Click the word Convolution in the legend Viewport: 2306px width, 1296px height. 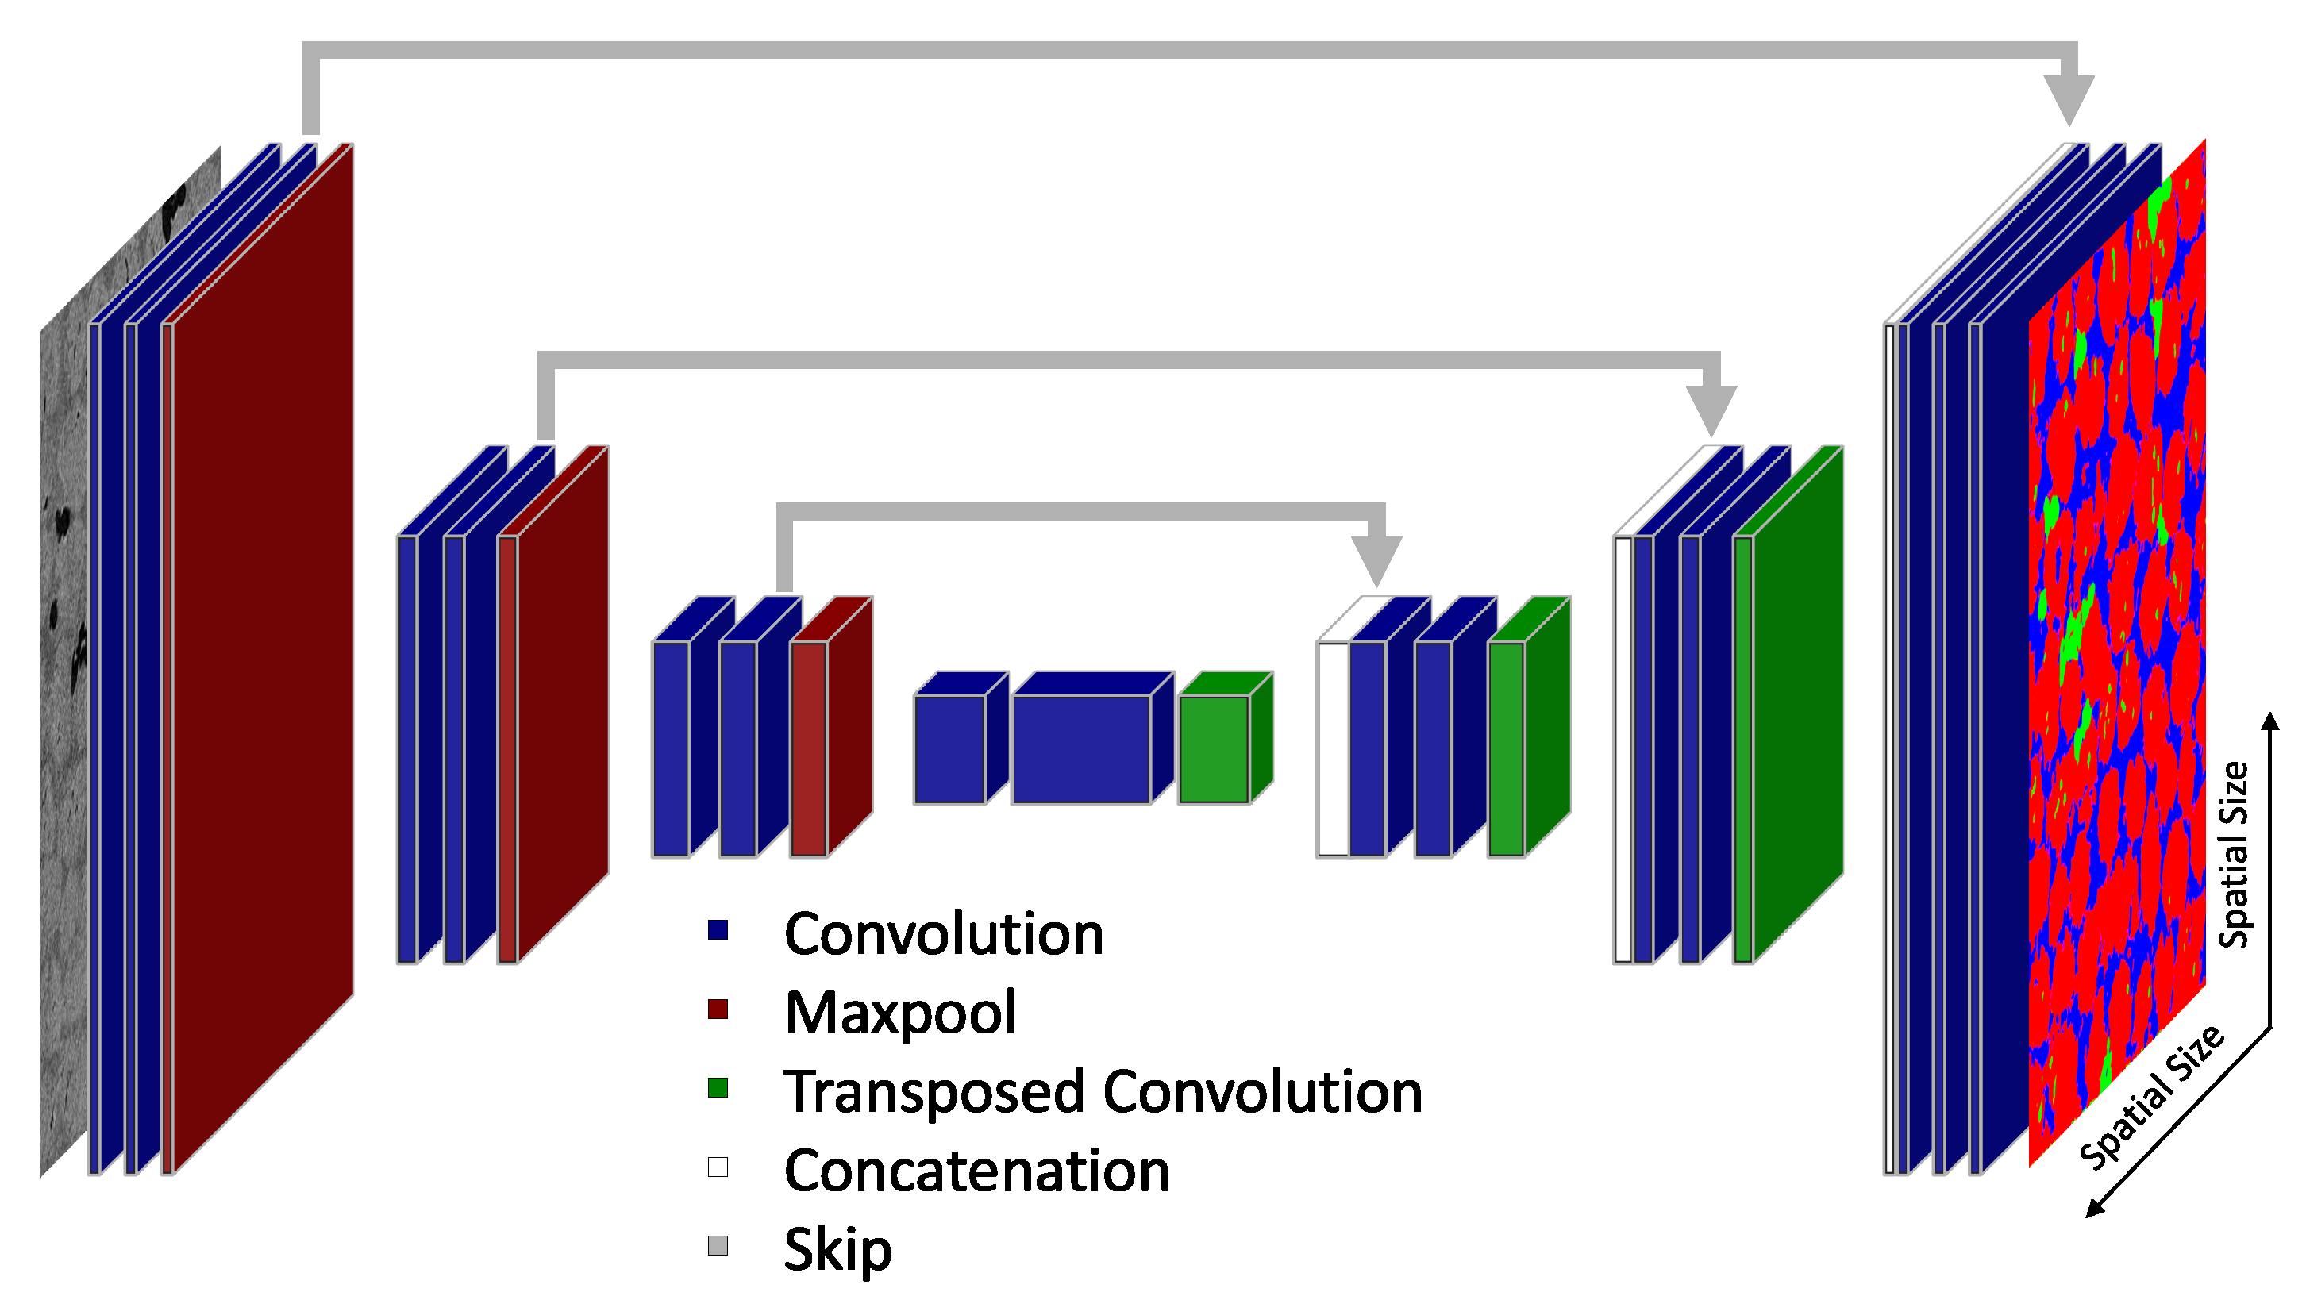(944, 934)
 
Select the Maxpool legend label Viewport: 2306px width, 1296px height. (899, 1013)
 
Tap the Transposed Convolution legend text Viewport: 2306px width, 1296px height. (1103, 1092)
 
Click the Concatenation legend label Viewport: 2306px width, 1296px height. (976, 1171)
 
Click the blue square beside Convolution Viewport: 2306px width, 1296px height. (718, 930)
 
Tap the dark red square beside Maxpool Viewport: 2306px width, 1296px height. (718, 1009)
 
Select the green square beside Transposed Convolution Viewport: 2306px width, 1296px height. (718, 1088)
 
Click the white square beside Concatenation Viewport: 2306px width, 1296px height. (718, 1167)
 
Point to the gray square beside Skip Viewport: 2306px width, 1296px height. (718, 1246)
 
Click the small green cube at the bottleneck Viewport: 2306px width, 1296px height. (1215, 748)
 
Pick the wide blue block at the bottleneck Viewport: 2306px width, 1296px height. (1081, 748)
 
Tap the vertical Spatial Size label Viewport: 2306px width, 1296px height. (2235, 855)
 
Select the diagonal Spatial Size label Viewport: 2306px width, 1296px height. (2150, 1098)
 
